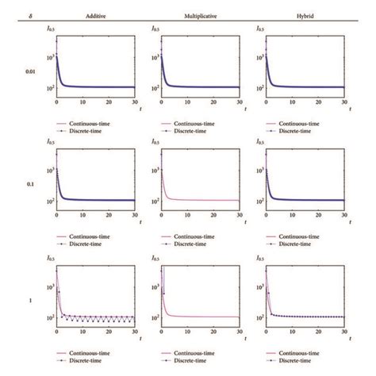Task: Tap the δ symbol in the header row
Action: point(13,15)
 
